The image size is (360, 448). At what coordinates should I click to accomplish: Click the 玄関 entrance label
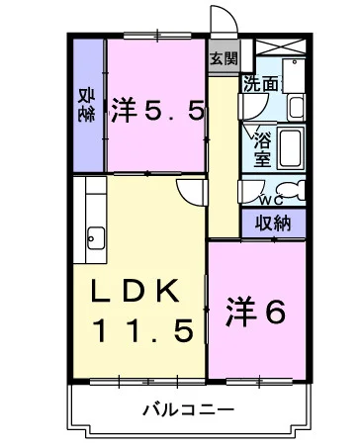(224, 57)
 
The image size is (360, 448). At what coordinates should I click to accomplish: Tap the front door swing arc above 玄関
(220, 22)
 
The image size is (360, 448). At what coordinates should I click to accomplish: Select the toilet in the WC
(293, 190)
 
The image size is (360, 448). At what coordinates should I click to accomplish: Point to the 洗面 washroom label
(262, 85)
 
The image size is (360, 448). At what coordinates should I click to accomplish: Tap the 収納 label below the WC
(274, 223)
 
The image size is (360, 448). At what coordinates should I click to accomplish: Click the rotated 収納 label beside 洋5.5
(87, 104)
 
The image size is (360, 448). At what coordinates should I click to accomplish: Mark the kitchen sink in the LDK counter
(97, 237)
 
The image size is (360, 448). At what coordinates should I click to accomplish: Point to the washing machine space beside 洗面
(294, 78)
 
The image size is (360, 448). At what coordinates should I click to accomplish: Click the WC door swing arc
(254, 188)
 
